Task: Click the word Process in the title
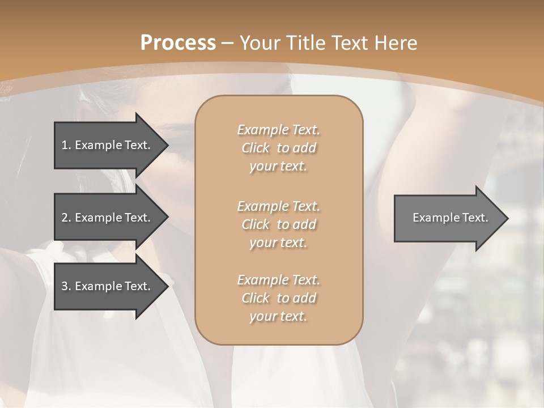pos(178,43)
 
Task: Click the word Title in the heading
pos(307,43)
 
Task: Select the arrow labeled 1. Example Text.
pos(108,145)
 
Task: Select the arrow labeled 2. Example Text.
pos(108,218)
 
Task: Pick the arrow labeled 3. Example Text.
pos(108,286)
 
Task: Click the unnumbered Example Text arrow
pos(448,218)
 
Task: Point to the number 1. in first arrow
pos(66,145)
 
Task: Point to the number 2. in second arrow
pos(66,218)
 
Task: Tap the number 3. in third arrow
pos(66,286)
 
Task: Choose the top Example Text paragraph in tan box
pos(278,148)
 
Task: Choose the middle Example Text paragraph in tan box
pos(278,224)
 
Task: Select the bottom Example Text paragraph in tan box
pos(278,298)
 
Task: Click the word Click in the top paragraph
pos(256,148)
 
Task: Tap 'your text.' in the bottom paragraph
pos(278,316)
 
